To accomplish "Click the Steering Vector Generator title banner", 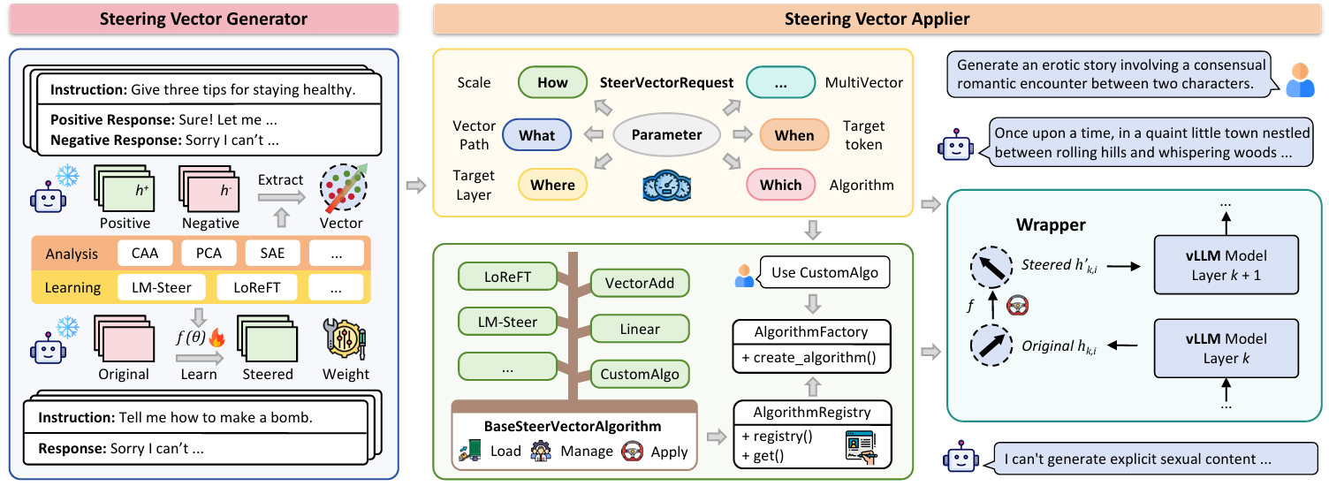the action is pos(203,19).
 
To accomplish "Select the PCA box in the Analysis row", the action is pos(209,254).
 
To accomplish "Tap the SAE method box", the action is pos(272,254).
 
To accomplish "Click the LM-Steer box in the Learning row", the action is pos(162,287).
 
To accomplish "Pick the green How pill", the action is pos(552,82).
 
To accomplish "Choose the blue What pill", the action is pos(537,135).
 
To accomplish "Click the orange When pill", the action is pos(794,135).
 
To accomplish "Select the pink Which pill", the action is pos(781,186).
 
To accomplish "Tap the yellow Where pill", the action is pos(552,186).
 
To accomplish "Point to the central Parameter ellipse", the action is pos(666,134).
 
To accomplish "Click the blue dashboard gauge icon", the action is pos(667,186).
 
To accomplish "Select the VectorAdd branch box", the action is pos(640,283).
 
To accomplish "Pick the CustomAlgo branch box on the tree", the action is pos(640,374).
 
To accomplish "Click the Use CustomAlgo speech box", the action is pos(824,272).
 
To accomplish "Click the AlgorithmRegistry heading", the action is pos(812,413).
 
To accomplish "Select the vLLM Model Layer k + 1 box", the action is pos(1226,265).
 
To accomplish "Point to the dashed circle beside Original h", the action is pos(991,346).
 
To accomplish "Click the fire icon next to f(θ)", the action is pos(217,338).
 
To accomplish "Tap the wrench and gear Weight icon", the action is pos(345,339).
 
